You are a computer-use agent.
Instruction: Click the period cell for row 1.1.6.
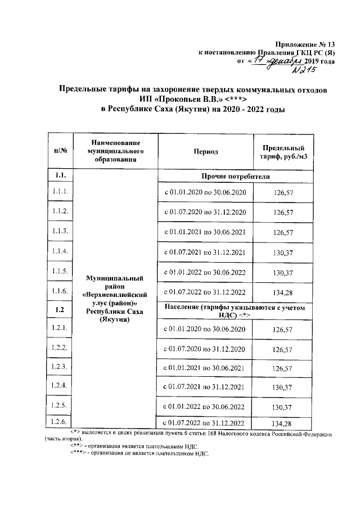[205, 291]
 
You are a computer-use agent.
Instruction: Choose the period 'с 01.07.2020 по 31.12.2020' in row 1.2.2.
[205, 349]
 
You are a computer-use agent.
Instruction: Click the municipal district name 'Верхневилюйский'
[115, 294]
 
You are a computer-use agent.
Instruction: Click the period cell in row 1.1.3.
[205, 232]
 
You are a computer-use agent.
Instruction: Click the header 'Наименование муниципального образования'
[115, 151]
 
